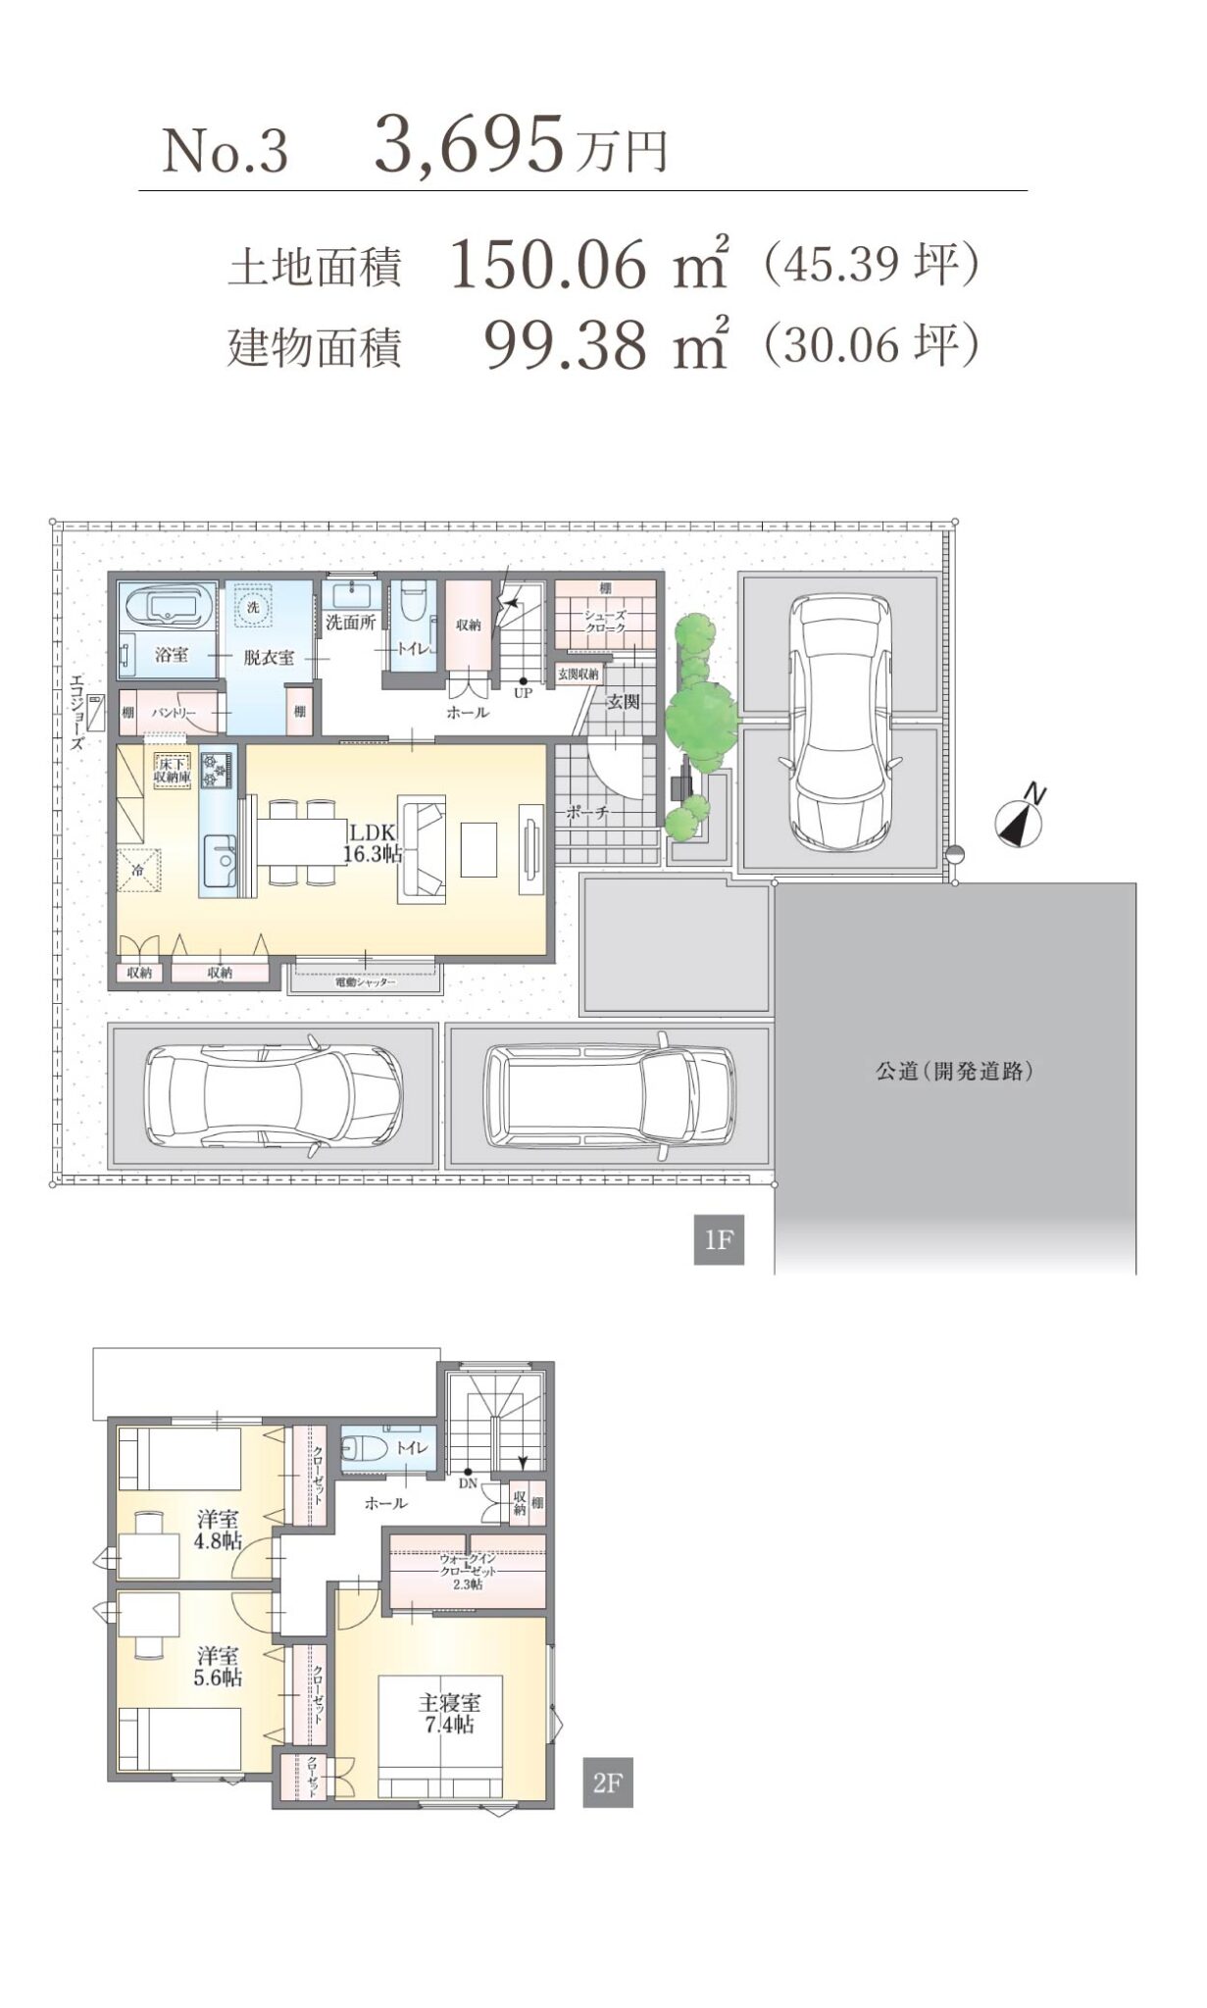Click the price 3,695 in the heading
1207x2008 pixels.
tap(469, 144)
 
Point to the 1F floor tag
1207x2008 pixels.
tap(718, 1239)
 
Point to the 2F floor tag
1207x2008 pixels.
tap(607, 1782)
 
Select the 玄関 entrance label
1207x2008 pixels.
tap(623, 702)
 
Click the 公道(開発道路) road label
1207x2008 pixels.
tap(954, 1071)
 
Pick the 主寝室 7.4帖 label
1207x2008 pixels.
tap(449, 1713)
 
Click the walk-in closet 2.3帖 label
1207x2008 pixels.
tap(467, 1572)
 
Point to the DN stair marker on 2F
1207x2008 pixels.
tap(468, 1478)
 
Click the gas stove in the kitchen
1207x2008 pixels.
tap(216, 769)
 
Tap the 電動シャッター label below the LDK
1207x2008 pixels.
tap(366, 981)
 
